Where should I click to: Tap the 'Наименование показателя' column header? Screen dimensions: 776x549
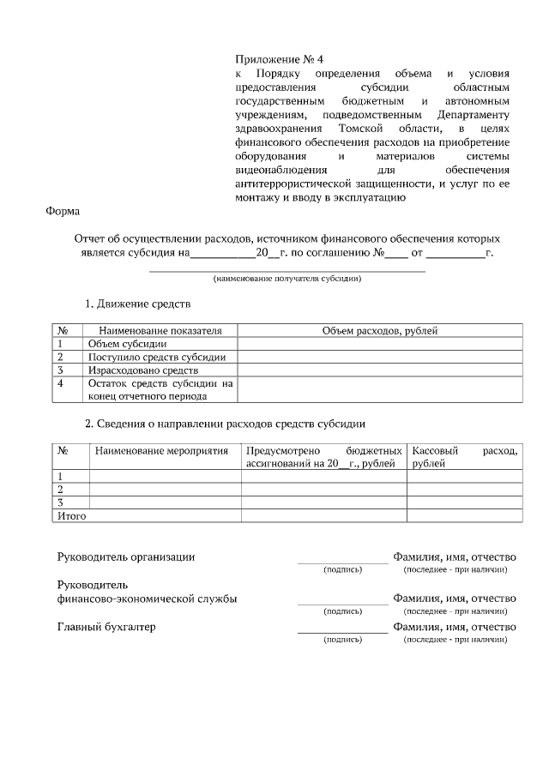click(160, 330)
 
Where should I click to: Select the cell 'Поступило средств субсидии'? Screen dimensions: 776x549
click(156, 357)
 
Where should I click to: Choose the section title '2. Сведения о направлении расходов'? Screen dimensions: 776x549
click(225, 424)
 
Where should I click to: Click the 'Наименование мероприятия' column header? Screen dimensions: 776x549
click(162, 450)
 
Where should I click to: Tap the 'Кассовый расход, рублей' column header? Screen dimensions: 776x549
click(464, 456)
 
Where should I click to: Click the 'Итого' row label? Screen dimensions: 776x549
click(71, 516)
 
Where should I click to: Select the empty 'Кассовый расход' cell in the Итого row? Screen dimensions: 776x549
click(464, 516)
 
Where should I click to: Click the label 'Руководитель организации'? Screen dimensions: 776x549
click(125, 556)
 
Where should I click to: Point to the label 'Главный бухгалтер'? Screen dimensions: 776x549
click(106, 627)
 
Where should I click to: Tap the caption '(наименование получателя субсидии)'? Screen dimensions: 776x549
click(287, 279)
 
